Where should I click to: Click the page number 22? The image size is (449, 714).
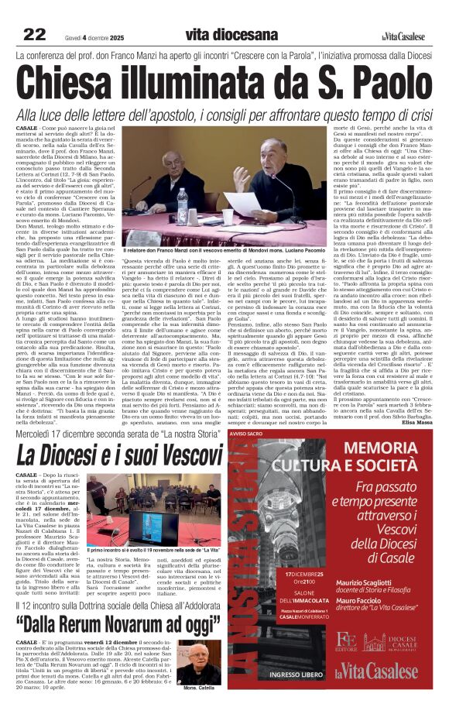34,34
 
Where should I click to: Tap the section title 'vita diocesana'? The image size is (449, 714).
231,35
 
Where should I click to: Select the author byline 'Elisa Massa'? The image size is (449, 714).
416,422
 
